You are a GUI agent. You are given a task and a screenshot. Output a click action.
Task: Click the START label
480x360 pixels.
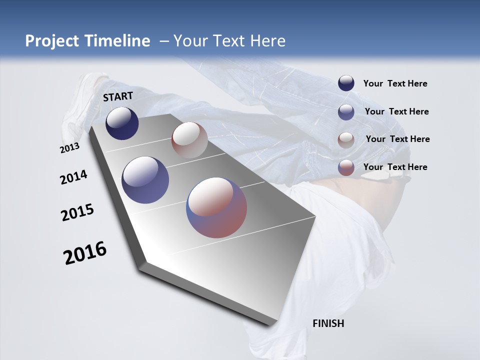click(x=118, y=96)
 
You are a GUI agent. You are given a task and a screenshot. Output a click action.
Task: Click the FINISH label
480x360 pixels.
click(x=328, y=323)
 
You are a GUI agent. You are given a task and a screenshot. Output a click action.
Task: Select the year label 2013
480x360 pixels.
click(x=69, y=148)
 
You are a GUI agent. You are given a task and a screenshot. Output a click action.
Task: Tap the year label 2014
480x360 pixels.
click(x=73, y=177)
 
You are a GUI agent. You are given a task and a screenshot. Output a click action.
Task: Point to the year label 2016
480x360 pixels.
click(x=85, y=253)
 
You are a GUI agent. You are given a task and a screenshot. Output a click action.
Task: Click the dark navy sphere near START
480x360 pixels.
click(x=122, y=123)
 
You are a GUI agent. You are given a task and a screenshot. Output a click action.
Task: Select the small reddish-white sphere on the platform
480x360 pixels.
click(x=189, y=140)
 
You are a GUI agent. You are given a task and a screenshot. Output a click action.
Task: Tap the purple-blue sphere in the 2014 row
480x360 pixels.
click(x=145, y=180)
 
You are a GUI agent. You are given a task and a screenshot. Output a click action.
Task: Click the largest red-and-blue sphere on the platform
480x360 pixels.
click(x=216, y=207)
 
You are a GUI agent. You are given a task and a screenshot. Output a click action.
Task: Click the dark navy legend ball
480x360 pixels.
click(x=346, y=83)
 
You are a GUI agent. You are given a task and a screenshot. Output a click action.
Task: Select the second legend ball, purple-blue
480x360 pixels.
click(x=346, y=112)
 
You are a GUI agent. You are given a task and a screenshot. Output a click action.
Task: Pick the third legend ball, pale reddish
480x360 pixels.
click(x=346, y=140)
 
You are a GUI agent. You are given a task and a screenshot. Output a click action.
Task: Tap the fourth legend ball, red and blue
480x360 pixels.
click(x=346, y=167)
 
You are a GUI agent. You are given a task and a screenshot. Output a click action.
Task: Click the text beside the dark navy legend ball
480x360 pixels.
click(x=395, y=83)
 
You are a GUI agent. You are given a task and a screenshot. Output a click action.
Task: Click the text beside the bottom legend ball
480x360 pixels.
click(x=395, y=167)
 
